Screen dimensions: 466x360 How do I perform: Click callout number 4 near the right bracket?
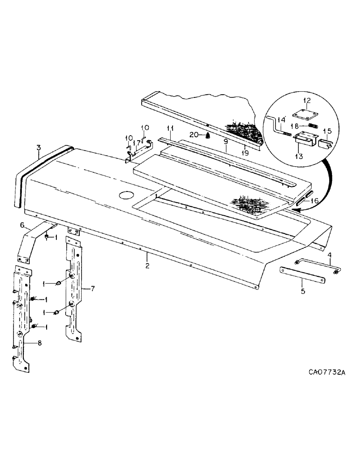[x=329, y=254]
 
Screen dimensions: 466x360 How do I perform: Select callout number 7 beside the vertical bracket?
[x=93, y=289]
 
